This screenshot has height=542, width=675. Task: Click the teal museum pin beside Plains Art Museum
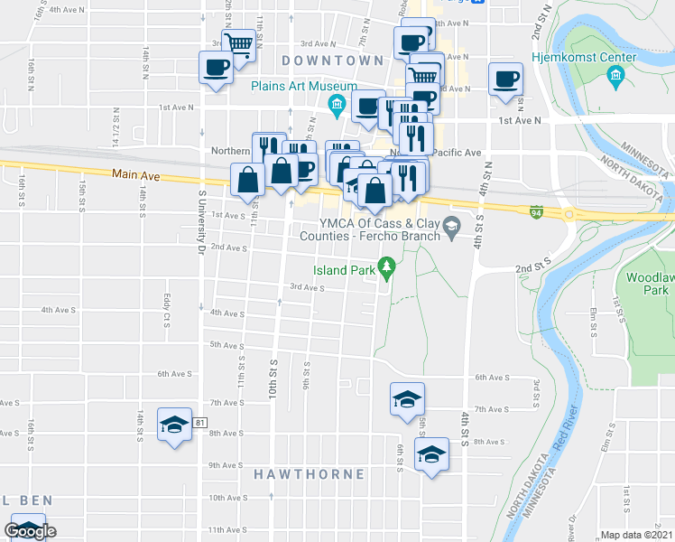click(337, 106)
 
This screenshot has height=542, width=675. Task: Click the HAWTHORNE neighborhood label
click(309, 474)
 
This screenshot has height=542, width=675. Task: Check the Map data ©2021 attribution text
click(636, 535)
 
